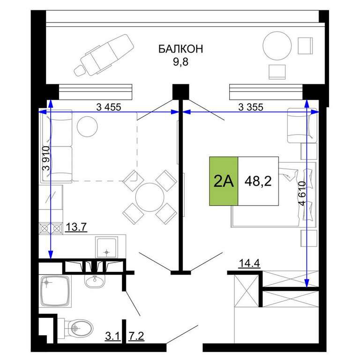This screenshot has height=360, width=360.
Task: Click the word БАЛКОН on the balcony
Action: (x=180, y=49)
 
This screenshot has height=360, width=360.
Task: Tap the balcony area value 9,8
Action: (x=180, y=61)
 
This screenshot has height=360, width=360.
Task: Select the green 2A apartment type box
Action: (x=224, y=181)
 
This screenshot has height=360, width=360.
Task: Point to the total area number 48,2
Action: (x=258, y=181)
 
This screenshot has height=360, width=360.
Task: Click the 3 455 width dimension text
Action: (x=109, y=107)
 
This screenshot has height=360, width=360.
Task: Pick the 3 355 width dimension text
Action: (x=251, y=107)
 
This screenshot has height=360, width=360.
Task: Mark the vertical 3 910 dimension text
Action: (x=46, y=158)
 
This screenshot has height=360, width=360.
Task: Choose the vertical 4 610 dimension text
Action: (x=303, y=194)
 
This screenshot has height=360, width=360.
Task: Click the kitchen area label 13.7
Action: (x=76, y=227)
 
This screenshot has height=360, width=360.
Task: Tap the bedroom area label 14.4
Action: (x=249, y=263)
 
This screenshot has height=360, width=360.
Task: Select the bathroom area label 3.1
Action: (x=112, y=337)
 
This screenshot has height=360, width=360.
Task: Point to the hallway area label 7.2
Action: (x=136, y=337)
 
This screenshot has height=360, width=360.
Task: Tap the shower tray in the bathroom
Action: (x=55, y=291)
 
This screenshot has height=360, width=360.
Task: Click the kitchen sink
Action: (x=107, y=247)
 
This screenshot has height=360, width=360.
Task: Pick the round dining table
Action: (x=150, y=197)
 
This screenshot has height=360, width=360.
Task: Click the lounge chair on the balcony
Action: (x=105, y=55)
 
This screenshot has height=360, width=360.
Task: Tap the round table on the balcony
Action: (x=277, y=45)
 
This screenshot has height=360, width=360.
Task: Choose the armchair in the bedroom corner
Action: (x=302, y=125)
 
